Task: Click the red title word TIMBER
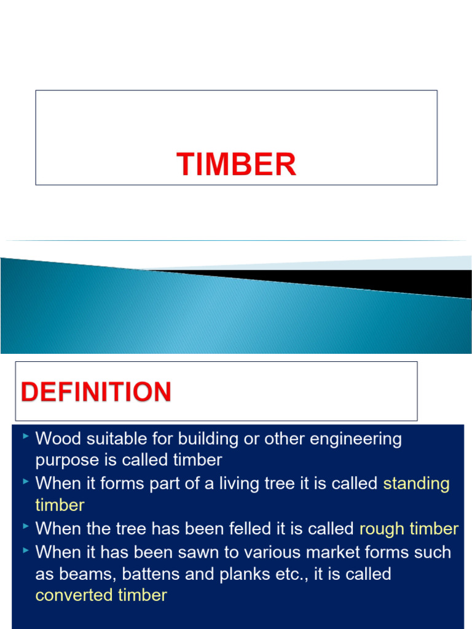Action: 237,165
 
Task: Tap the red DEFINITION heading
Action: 96,392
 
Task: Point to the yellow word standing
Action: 417,483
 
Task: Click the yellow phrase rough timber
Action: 409,528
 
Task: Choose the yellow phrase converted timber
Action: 101,595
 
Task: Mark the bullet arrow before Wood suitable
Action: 25,437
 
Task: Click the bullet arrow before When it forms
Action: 25,482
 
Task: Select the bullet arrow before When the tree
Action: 25,526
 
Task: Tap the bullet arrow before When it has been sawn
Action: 25,549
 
